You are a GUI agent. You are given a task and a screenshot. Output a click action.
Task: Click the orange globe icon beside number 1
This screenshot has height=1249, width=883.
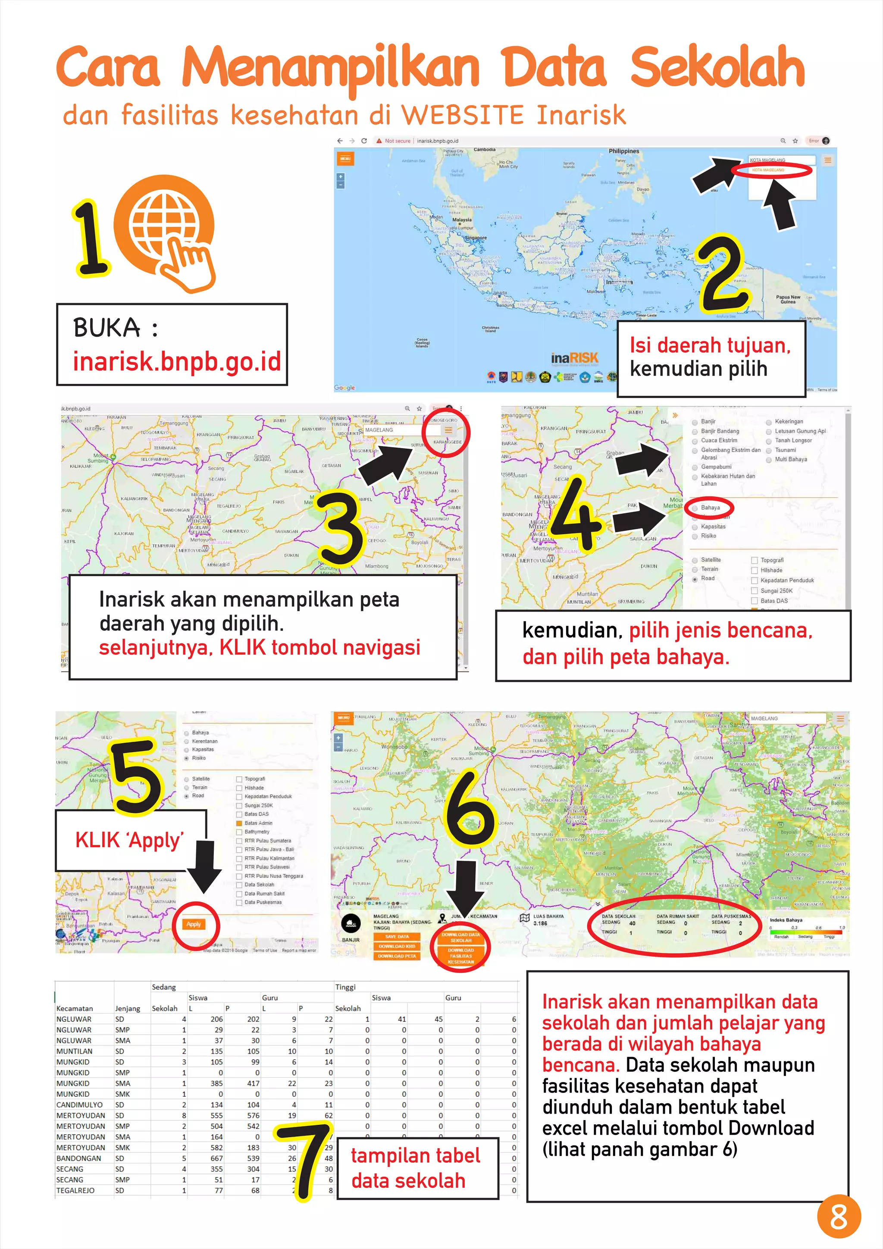pos(171,226)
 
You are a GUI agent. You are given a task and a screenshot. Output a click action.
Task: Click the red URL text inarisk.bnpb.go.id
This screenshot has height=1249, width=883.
pos(177,362)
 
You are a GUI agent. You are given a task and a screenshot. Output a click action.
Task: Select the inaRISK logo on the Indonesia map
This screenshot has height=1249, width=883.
pos(574,358)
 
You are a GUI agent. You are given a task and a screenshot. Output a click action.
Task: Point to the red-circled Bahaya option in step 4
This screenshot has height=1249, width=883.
pos(710,508)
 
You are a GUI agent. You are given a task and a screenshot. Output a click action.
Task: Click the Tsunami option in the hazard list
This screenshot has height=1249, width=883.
pos(785,450)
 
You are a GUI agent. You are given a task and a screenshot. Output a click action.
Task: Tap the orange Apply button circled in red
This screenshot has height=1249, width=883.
pos(194,924)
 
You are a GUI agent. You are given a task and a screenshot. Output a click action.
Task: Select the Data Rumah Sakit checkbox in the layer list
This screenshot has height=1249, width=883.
pos(239,894)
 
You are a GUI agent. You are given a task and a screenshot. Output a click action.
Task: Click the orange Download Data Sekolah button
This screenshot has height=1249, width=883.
pos(460,937)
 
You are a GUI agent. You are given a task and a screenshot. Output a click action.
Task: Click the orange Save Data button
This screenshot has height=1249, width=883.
pos(397,937)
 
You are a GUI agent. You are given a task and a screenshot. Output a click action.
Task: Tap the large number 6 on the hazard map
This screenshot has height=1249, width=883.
pos(470,808)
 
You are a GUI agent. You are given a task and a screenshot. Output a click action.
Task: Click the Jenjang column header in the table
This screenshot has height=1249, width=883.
pos(128,1008)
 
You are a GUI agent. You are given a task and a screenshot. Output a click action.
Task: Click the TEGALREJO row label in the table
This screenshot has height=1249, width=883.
pos(75,1190)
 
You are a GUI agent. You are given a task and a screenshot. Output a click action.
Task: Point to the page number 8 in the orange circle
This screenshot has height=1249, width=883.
pos(839,1216)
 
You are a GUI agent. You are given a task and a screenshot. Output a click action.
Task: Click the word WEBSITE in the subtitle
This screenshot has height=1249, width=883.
pos(463,115)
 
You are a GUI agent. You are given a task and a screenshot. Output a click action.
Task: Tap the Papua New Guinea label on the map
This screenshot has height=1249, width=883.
pos(788,299)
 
